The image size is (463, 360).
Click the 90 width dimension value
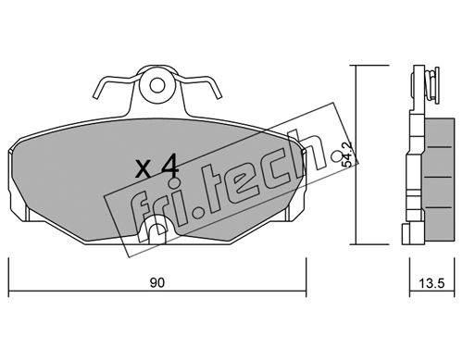tap(157, 282)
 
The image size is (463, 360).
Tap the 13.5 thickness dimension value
tap(432, 283)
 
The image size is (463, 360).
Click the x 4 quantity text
tap(157, 167)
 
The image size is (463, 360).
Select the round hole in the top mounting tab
tap(157, 85)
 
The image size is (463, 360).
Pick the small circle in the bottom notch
tap(157, 230)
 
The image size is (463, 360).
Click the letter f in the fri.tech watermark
tap(138, 211)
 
